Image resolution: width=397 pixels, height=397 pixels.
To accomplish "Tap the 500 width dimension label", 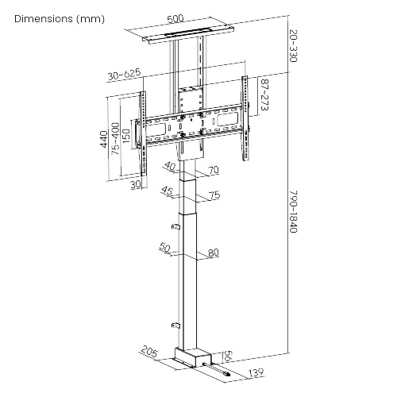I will coord(175,17).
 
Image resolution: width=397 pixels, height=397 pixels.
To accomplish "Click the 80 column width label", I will coord(213,254).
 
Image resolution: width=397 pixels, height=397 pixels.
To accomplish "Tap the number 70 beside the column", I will coord(213,170).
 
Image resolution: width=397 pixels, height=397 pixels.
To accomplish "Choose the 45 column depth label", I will coord(167,191).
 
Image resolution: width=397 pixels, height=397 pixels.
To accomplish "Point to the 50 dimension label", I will coord(165,249).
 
